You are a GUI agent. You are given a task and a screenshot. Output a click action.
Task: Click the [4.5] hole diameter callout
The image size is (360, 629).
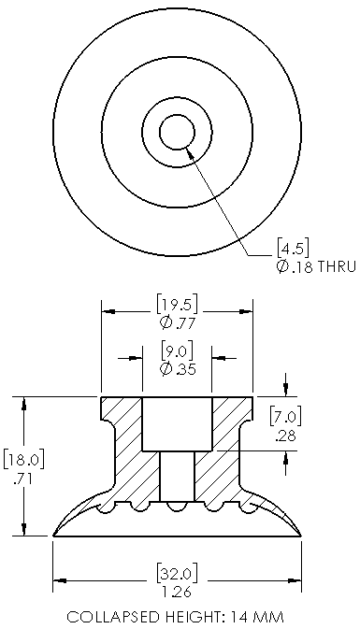293,249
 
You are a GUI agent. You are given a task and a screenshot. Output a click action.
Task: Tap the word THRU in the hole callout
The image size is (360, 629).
337,266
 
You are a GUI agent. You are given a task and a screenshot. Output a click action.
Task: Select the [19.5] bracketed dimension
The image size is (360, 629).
177,304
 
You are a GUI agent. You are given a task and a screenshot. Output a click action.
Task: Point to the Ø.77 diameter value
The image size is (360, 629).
177,323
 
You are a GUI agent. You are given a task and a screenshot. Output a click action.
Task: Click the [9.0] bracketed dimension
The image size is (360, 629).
177,350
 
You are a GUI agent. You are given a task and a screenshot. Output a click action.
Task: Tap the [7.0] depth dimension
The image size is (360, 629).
285,417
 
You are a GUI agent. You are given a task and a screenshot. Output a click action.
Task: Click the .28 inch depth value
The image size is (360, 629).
285,436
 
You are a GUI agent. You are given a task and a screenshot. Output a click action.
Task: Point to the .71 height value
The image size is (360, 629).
22,479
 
